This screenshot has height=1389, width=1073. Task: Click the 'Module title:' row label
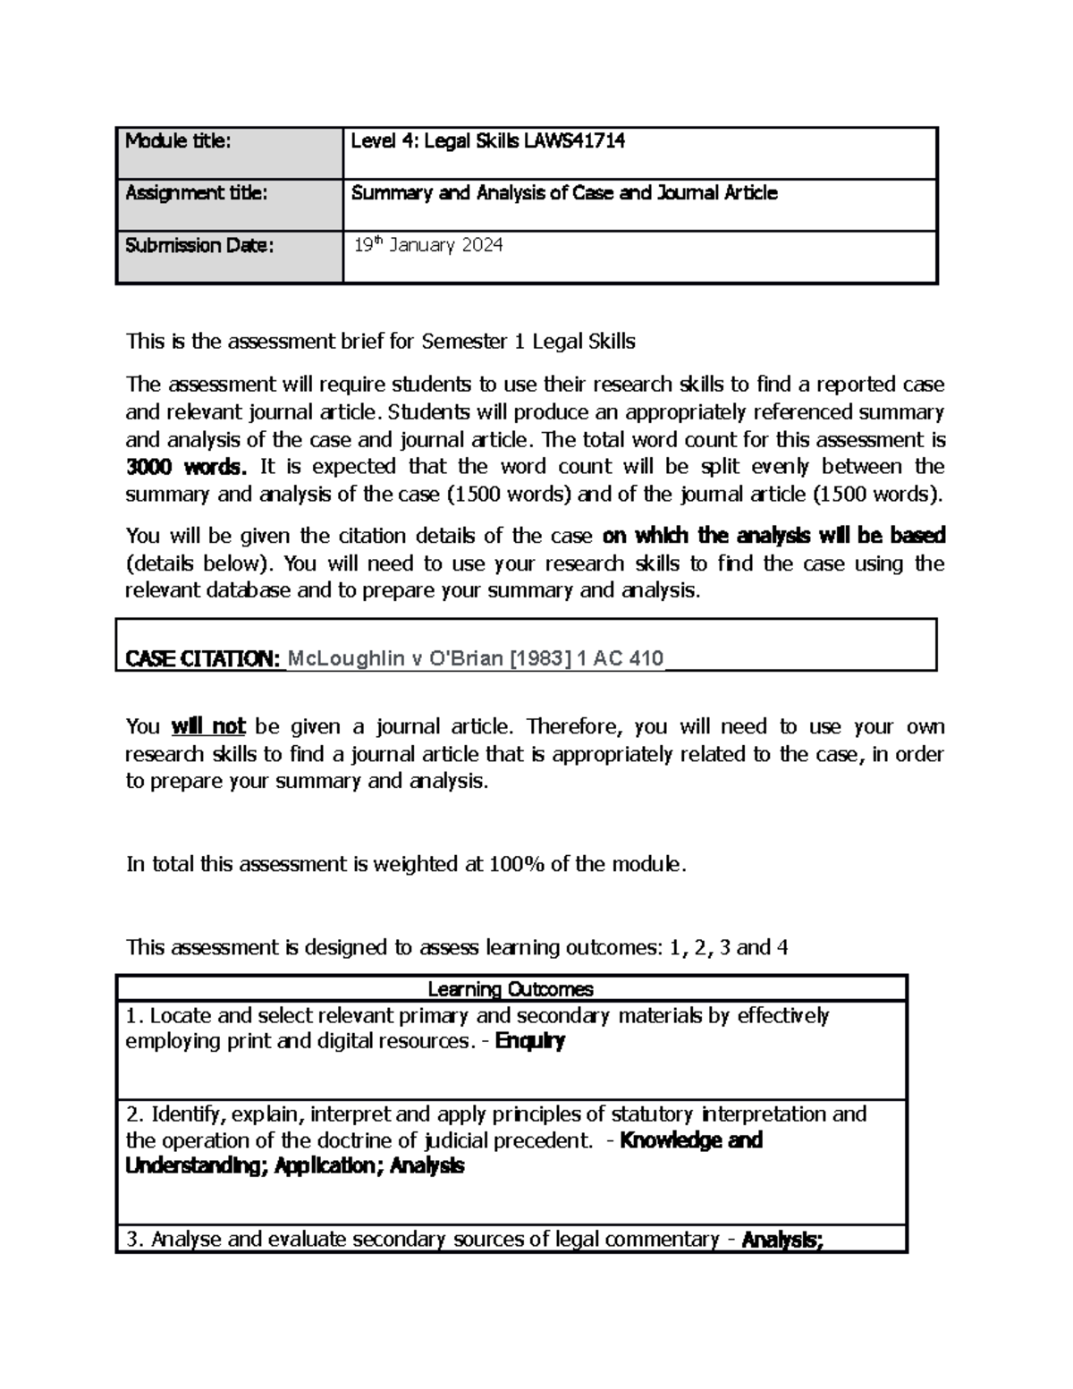[x=178, y=140]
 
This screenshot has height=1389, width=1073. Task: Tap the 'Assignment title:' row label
[x=196, y=192]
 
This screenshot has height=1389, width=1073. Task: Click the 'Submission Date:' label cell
[x=199, y=245]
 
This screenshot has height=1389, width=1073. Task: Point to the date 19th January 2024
[x=427, y=245]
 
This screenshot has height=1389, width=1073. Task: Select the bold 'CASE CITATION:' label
[x=203, y=659]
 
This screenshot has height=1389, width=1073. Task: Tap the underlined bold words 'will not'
[x=207, y=726]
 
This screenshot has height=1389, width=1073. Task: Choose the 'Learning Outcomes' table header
[x=511, y=989]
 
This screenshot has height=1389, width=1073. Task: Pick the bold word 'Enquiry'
[x=529, y=1041]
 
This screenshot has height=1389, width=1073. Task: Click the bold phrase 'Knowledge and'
[x=690, y=1140]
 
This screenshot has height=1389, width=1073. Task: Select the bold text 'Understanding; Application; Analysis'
[x=294, y=1166]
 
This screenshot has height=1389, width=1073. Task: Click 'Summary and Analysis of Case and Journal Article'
[x=564, y=192]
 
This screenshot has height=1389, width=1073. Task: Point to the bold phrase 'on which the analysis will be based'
[x=773, y=536]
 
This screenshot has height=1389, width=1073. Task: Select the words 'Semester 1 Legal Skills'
[x=528, y=342]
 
